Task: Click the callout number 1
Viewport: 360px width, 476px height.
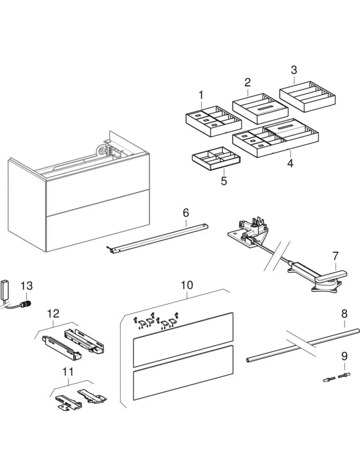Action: (201, 95)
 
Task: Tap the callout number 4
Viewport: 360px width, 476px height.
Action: (290, 163)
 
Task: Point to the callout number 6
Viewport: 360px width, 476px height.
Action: (186, 213)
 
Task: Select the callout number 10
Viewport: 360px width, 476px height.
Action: (186, 285)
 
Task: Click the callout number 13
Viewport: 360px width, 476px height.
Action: (26, 286)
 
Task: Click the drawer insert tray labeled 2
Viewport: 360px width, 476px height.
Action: (260, 108)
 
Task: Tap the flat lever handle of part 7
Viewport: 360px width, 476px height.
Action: (331, 276)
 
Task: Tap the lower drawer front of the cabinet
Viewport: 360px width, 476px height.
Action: (95, 227)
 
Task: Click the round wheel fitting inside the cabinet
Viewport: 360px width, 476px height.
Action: (100, 150)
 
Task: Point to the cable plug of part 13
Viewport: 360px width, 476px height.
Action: (24, 304)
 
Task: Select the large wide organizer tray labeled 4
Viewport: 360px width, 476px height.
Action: (275, 140)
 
